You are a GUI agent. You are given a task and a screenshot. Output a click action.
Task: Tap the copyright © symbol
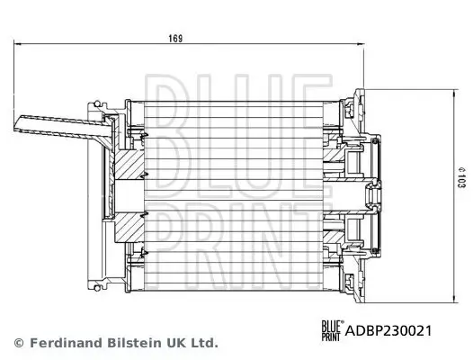coord(18,343)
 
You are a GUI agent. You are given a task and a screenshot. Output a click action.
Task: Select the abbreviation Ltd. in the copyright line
coord(202,343)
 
